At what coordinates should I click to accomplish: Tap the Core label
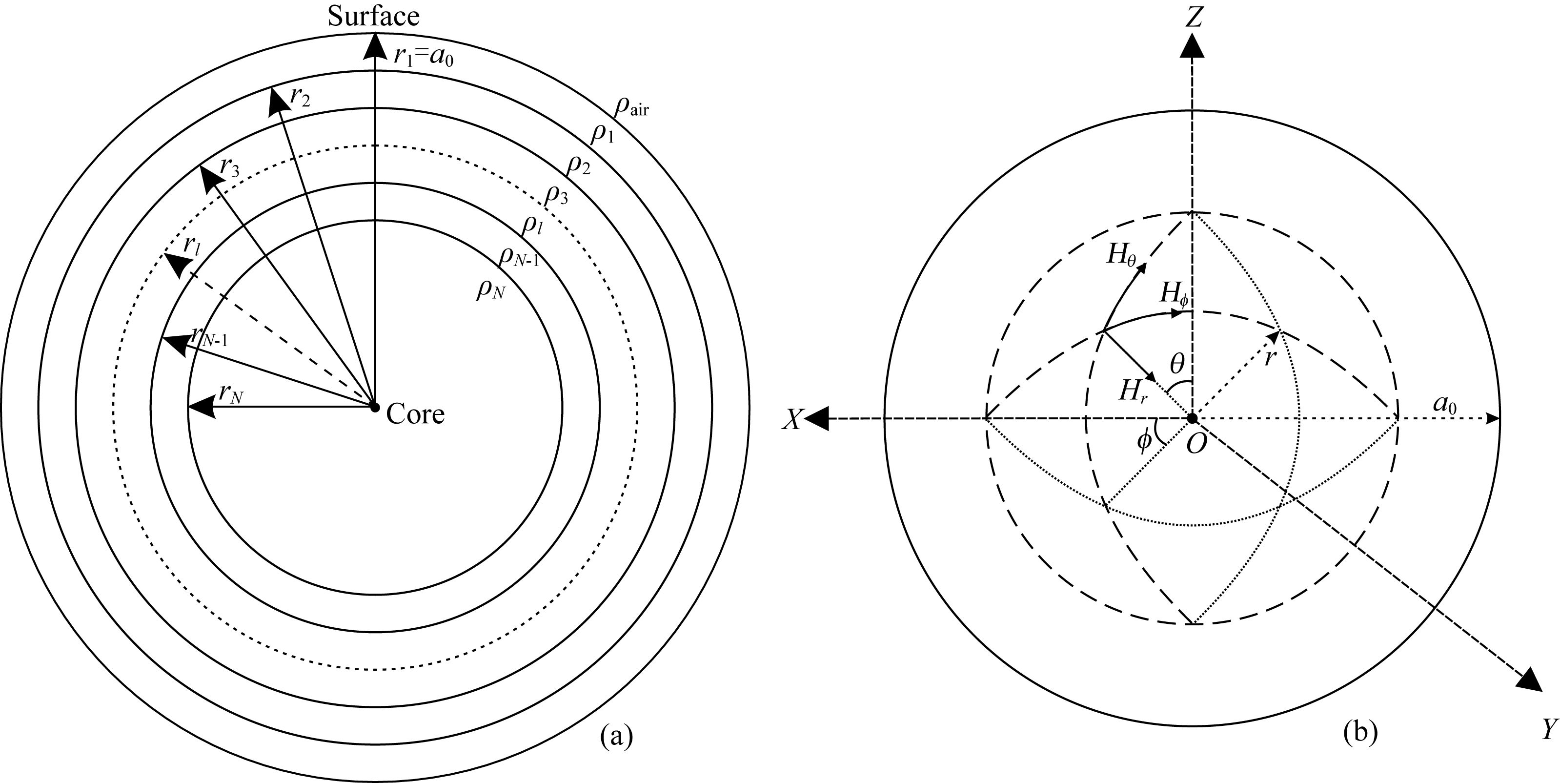(x=415, y=414)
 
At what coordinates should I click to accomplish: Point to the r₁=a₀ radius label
(x=424, y=56)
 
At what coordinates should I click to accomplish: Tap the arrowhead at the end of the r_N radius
(x=201, y=407)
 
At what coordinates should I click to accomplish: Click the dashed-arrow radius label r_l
(x=193, y=246)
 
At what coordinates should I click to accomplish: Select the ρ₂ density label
(x=578, y=164)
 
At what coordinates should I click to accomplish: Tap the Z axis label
(x=1193, y=18)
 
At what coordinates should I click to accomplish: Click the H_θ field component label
(x=1120, y=256)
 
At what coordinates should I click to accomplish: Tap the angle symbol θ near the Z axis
(x=1176, y=364)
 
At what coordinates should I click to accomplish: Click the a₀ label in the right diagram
(x=1444, y=406)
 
